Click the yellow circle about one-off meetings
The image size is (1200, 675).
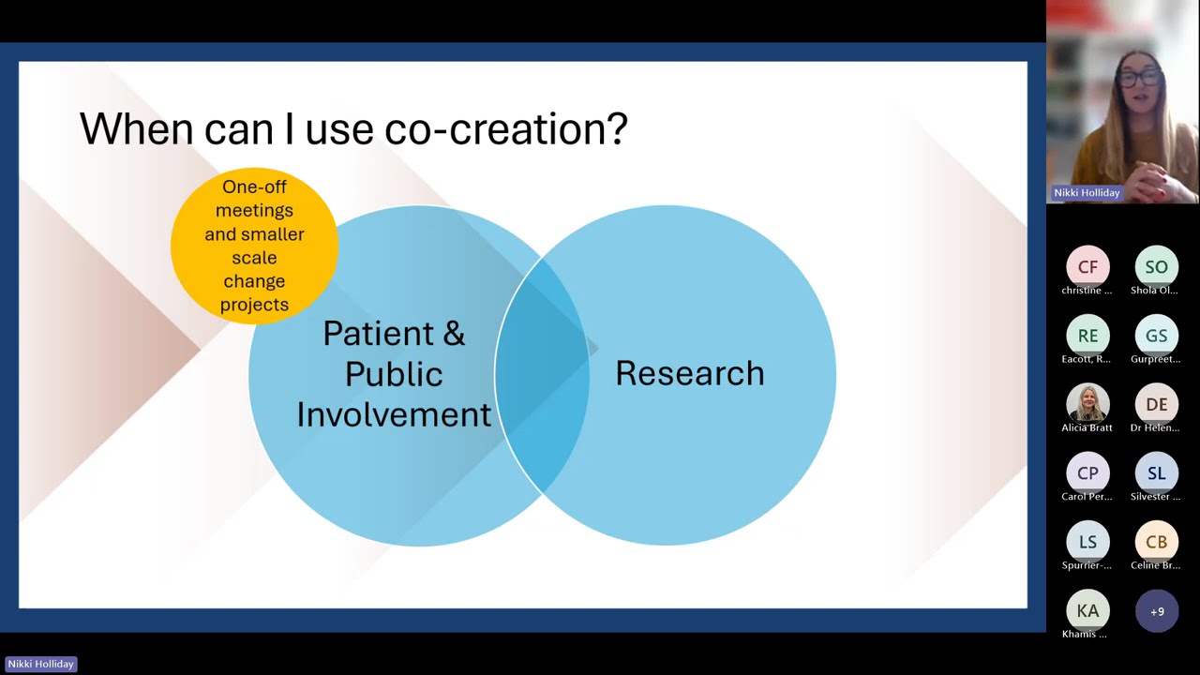(254, 246)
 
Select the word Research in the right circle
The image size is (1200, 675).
(689, 373)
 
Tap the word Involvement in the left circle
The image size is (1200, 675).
(394, 414)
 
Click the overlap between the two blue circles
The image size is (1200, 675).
(541, 375)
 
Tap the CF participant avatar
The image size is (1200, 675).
(1087, 267)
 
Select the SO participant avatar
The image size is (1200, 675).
(1156, 267)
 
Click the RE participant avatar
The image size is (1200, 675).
(1087, 336)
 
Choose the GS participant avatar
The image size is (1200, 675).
(1156, 336)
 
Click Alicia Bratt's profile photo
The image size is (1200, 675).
(1087, 404)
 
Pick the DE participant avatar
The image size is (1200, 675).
(1156, 404)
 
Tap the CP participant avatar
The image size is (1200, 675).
(1087, 473)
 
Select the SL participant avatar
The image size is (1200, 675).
(1156, 473)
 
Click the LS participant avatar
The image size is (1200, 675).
(1087, 542)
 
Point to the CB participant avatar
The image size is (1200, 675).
(1156, 542)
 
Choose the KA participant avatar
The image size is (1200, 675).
(1087, 611)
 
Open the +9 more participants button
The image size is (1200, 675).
(1157, 611)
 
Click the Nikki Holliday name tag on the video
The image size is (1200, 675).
(1087, 192)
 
